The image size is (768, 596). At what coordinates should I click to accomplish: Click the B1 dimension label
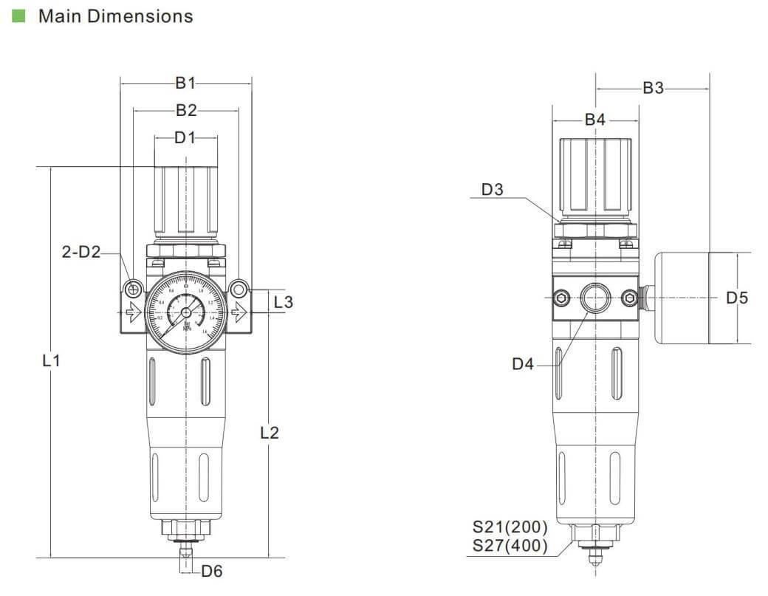186,83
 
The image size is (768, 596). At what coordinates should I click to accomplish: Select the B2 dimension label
186,111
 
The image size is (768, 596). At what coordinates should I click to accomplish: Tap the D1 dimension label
186,137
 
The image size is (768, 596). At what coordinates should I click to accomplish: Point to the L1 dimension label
50,361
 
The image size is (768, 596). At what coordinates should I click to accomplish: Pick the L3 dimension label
283,301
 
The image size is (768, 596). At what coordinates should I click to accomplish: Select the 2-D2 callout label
80,252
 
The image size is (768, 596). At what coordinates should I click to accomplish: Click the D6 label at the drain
212,570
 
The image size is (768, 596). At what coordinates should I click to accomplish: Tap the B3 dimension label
653,88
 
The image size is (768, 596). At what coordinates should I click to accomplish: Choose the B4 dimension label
595,120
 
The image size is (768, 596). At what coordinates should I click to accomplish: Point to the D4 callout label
523,363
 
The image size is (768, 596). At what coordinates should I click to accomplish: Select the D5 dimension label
737,298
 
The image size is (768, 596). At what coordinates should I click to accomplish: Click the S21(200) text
510,527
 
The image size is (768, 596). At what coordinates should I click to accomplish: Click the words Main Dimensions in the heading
115,16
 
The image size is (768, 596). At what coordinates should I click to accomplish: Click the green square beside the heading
19,16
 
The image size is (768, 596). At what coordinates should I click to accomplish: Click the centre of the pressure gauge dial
185,313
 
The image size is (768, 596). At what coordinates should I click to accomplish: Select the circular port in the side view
595,298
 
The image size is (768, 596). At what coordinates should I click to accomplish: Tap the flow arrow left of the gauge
134,313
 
